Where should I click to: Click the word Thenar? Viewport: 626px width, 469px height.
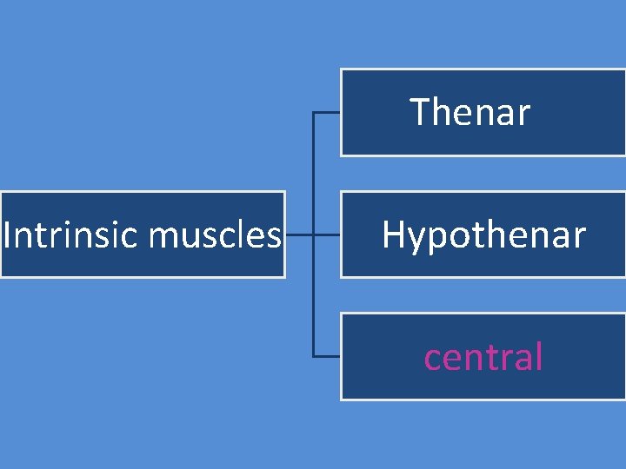(469, 112)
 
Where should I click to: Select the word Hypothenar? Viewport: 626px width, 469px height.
(483, 235)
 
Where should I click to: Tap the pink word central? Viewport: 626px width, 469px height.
(483, 357)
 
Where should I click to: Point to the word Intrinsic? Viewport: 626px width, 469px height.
(56, 234)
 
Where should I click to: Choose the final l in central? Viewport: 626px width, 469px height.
(539, 356)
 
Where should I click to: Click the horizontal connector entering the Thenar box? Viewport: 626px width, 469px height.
(326, 113)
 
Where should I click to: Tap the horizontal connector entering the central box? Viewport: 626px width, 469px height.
(326, 356)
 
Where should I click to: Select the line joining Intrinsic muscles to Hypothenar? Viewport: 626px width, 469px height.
(312, 234)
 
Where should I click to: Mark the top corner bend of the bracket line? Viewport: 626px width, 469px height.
(313, 113)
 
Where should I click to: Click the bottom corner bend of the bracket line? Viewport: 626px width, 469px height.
(313, 356)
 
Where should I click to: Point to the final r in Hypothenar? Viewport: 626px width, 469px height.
(580, 237)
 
